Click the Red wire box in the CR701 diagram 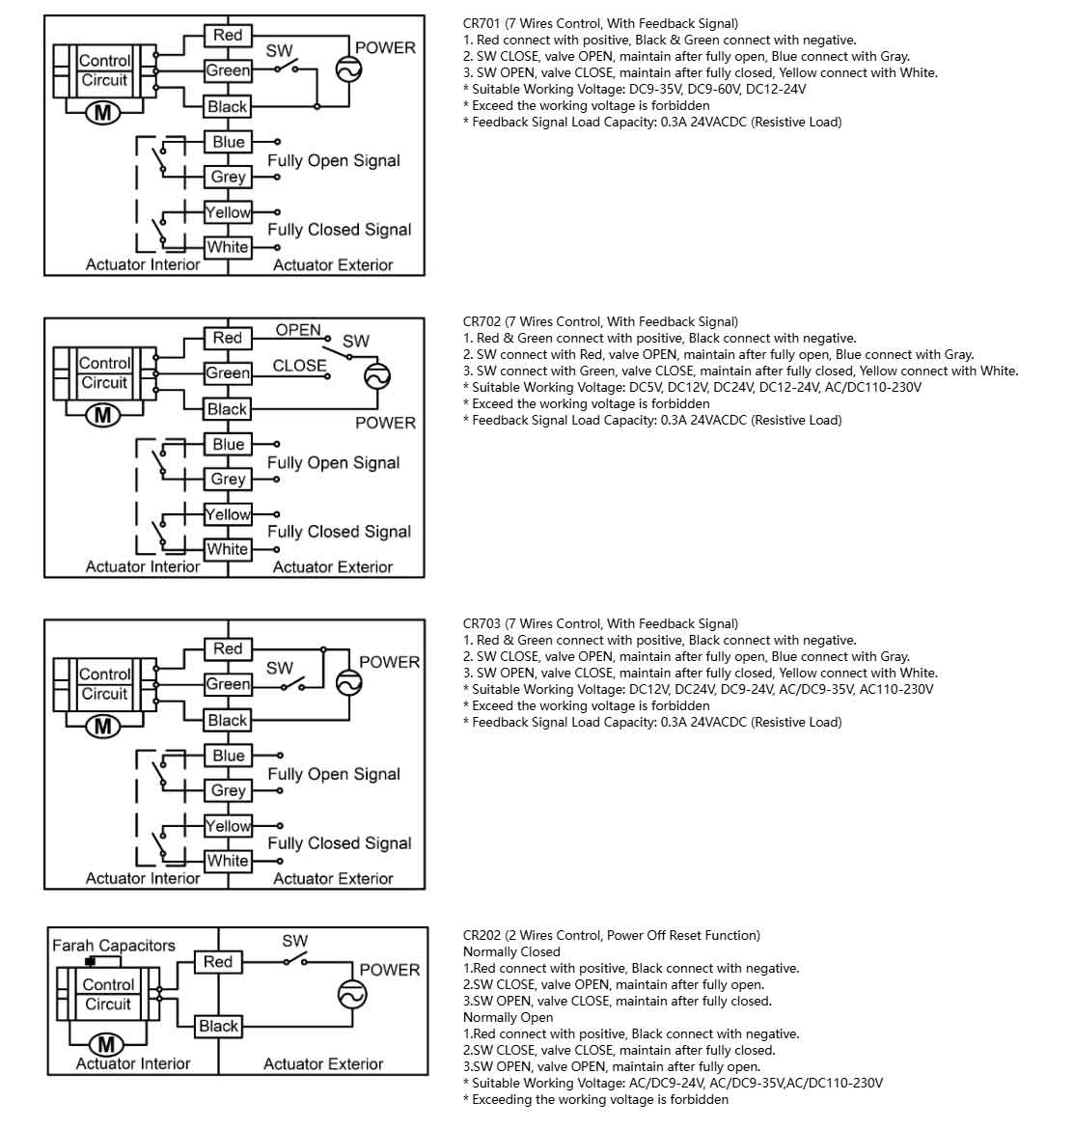[228, 36]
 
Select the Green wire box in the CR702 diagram [228, 373]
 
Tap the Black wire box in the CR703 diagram [228, 721]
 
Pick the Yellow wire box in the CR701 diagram [228, 212]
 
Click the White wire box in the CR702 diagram [228, 550]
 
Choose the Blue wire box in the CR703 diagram [229, 756]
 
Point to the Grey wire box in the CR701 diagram [229, 178]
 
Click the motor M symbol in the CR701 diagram [103, 113]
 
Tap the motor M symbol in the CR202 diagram [106, 1045]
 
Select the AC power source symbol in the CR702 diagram [377, 376]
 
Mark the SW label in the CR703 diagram [280, 668]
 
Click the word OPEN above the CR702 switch [298, 330]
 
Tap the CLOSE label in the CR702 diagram [299, 366]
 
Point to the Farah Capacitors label [114, 946]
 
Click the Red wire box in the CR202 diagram [218, 962]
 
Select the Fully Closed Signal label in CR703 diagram [340, 843]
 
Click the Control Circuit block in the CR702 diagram [104, 373]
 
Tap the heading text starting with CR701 [600, 23]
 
